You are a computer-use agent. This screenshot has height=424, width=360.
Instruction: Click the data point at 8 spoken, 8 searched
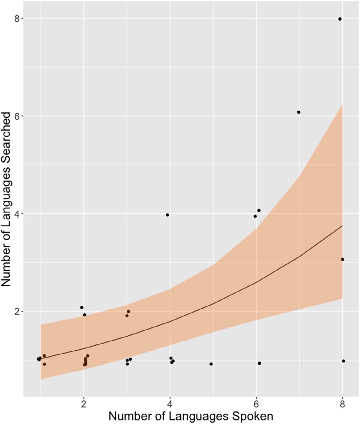click(x=340, y=19)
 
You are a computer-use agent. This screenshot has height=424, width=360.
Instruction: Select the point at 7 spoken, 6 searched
click(x=298, y=112)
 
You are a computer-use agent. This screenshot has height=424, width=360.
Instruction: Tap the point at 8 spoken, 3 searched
click(x=342, y=259)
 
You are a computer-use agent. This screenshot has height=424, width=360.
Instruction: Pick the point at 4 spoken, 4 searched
click(x=167, y=215)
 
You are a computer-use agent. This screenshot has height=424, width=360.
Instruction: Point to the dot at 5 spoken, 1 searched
click(x=211, y=364)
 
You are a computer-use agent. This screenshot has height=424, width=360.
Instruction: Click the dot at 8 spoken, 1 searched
click(x=344, y=361)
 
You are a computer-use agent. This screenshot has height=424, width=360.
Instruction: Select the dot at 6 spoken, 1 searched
click(x=259, y=363)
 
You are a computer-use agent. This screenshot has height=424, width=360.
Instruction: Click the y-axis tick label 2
click(x=16, y=311)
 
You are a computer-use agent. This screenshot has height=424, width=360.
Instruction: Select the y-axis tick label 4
click(x=16, y=214)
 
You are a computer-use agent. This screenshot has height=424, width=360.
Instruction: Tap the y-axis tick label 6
click(x=16, y=116)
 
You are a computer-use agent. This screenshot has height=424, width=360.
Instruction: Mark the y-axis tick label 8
click(x=16, y=19)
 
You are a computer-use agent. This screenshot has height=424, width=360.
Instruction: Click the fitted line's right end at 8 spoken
click(x=342, y=226)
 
